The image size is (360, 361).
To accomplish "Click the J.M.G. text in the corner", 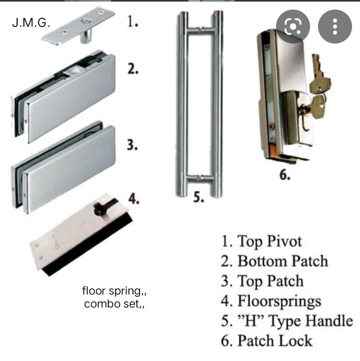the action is point(31,23).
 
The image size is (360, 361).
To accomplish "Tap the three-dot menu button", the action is point(335,26).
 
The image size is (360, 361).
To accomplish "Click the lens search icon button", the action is point(293,26).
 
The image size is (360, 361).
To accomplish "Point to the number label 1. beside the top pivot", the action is point(133,22).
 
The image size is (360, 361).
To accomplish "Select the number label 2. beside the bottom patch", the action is point(133,69).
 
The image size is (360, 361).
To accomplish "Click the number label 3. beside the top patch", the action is point(133,145).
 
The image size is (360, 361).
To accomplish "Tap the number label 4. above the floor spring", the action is point(134,199).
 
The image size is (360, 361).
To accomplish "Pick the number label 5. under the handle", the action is point(199,197).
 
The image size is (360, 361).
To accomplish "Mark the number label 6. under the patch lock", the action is point(285,175).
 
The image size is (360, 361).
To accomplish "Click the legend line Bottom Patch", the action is point(274,261).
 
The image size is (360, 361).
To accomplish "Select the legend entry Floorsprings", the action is point(271,301).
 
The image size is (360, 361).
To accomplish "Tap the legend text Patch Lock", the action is point(267,341).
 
